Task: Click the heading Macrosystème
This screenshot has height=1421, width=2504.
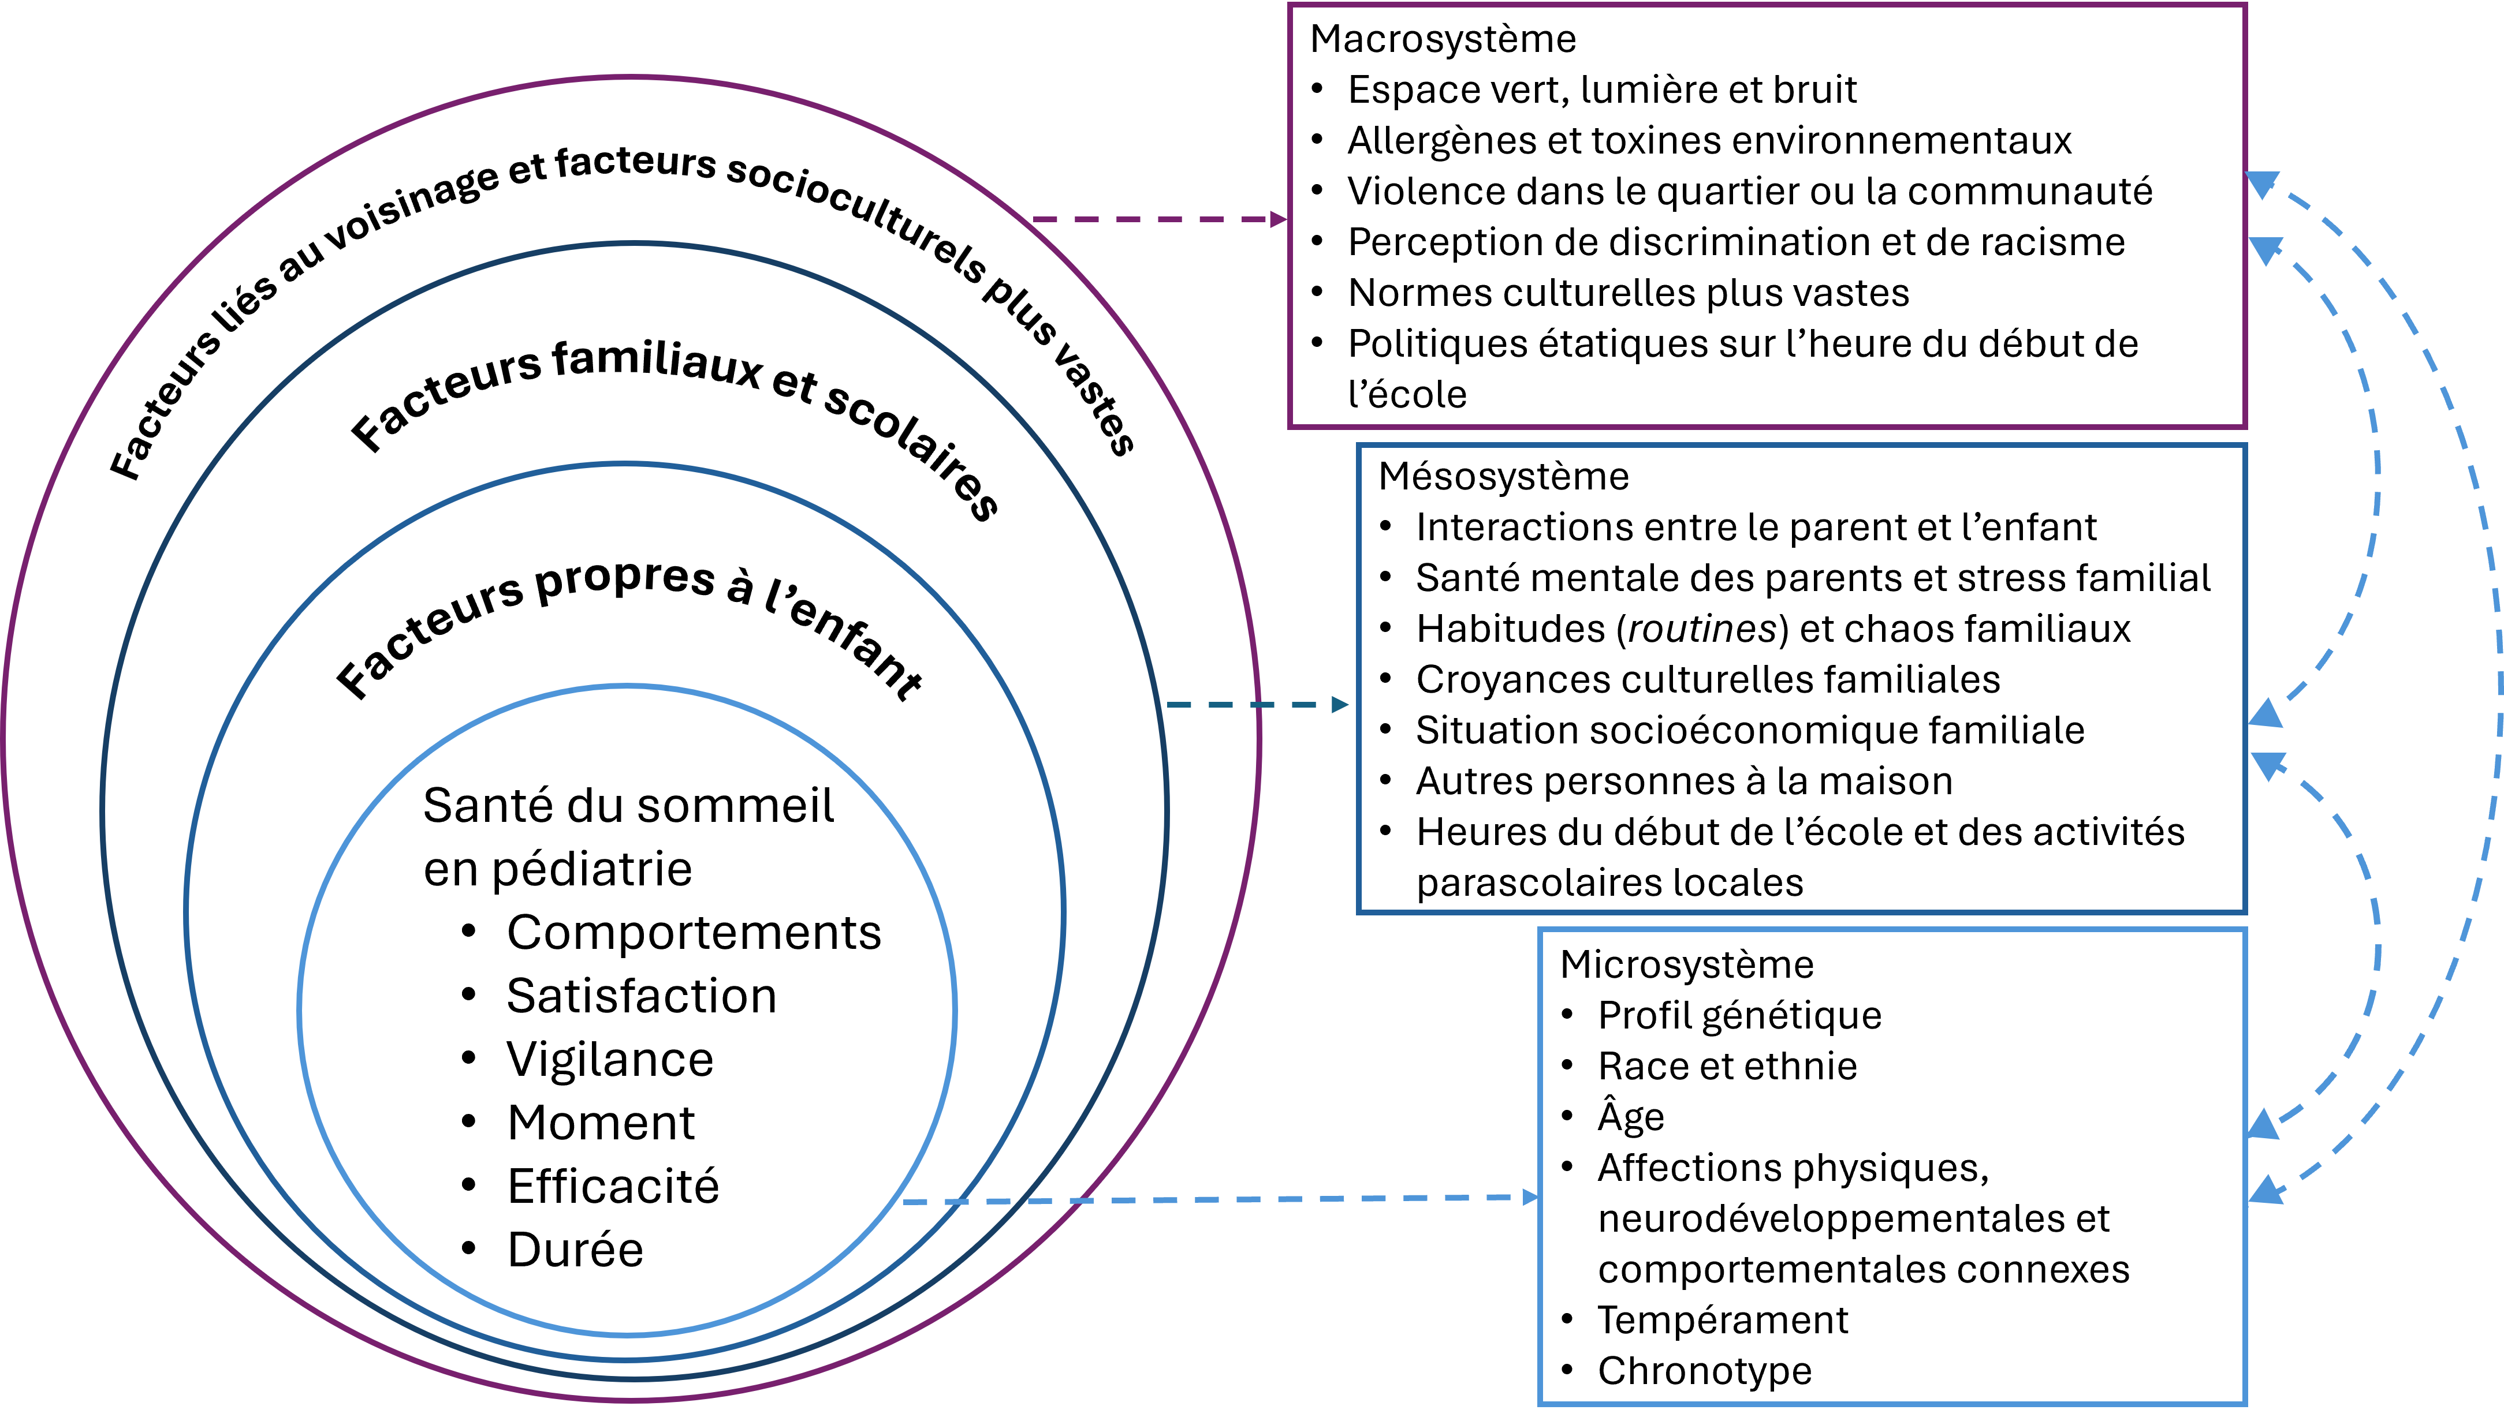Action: (1442, 39)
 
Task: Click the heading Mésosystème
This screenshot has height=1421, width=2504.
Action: (1503, 476)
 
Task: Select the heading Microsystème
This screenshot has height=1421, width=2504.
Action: (1686, 964)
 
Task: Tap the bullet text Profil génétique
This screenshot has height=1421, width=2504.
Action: (1739, 1016)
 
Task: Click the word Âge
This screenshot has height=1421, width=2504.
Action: (1630, 1116)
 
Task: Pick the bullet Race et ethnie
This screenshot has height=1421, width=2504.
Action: (1727, 1065)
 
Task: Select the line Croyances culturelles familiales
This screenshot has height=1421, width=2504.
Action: (1708, 679)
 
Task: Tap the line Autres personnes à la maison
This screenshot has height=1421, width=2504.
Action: (1684, 781)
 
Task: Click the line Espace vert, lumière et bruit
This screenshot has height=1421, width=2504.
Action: (1601, 90)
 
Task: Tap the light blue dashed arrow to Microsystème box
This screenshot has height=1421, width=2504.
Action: (1220, 1199)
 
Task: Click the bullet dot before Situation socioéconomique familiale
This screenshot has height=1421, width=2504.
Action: (1385, 730)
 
